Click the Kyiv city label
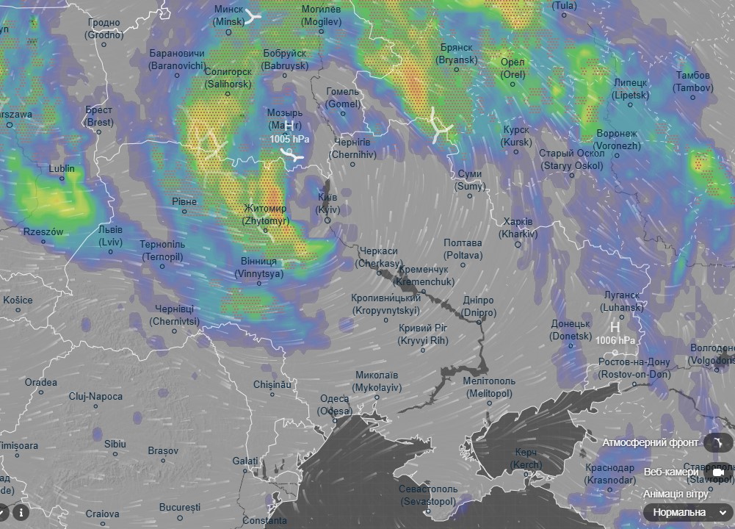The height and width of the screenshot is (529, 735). pyautogui.click(x=327, y=204)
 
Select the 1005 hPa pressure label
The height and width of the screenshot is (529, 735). pyautogui.click(x=289, y=139)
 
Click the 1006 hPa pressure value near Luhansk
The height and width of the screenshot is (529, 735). pyautogui.click(x=615, y=340)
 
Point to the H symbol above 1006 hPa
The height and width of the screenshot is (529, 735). pyautogui.click(x=615, y=327)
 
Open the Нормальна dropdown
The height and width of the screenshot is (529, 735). pyautogui.click(x=687, y=512)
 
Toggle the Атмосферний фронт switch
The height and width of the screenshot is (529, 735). pyautogui.click(x=716, y=442)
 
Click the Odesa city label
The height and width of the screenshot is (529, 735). pyautogui.click(x=335, y=405)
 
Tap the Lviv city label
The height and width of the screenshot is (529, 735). pyautogui.click(x=111, y=235)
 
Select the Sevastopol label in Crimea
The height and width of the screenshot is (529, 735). pyautogui.click(x=428, y=494)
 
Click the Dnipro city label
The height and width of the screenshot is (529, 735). pyautogui.click(x=479, y=307)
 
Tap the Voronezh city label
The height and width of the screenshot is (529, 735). pyautogui.click(x=596, y=140)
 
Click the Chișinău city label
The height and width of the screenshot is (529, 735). pyautogui.click(x=272, y=384)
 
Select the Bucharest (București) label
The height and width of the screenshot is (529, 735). pyautogui.click(x=180, y=507)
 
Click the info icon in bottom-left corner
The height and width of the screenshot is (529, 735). pyautogui.click(x=21, y=511)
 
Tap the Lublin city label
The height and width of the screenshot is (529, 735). pyautogui.click(x=62, y=168)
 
